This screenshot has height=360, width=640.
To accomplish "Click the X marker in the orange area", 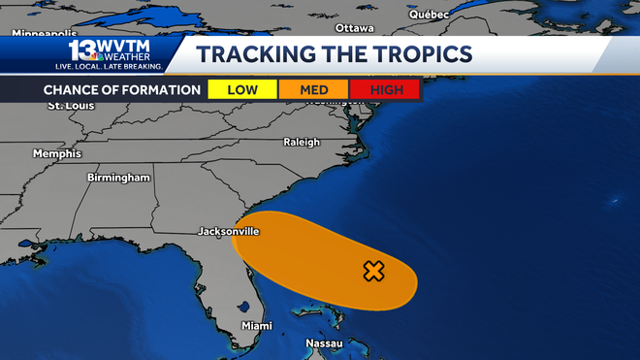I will tap(373, 272).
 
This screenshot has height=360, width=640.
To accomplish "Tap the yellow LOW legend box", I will tap(242, 90).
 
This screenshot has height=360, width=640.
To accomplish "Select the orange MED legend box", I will tap(314, 90).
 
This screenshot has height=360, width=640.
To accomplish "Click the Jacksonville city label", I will tap(228, 232).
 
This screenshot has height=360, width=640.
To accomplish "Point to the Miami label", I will tap(257, 325).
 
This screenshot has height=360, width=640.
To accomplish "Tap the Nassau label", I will tap(324, 344).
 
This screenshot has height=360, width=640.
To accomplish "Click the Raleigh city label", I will tap(301, 143).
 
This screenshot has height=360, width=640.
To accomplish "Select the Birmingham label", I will tap(118, 178).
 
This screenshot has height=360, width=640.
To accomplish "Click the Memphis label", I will tap(57, 153).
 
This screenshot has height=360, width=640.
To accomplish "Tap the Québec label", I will tap(430, 15).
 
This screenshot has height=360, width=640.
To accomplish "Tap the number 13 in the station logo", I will tap(81, 49).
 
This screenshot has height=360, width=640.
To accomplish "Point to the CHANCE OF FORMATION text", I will tap(121, 90).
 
